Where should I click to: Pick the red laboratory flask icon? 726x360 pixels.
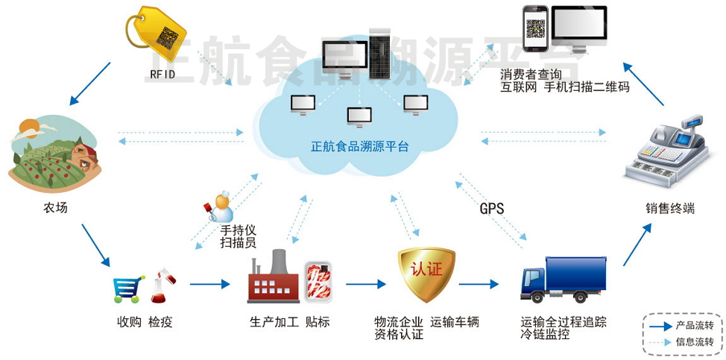pos(162,286)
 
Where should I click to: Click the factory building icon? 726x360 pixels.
pos(273,278)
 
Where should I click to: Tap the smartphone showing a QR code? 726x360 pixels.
pos(535,29)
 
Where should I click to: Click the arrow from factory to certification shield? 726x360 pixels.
pos(365,284)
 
